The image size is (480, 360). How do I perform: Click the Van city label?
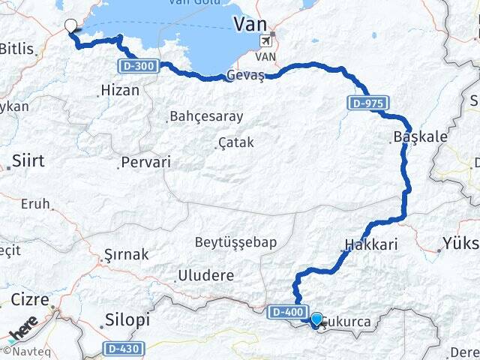(x=250, y=24)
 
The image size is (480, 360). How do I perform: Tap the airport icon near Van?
(x=264, y=41)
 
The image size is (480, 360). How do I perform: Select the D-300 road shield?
(x=137, y=67)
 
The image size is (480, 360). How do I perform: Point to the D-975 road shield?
(x=367, y=102)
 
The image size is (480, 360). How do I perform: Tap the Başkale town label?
(x=420, y=137)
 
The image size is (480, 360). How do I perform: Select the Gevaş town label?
(x=245, y=76)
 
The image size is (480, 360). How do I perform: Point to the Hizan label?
(x=119, y=90)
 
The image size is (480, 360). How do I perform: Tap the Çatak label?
(x=236, y=142)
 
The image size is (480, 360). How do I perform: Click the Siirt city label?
(x=29, y=161)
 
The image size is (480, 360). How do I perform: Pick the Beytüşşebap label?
(x=235, y=241)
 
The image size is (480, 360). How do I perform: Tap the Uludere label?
(x=205, y=275)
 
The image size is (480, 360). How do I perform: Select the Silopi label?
(x=128, y=320)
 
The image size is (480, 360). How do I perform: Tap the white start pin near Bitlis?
(x=71, y=25)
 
